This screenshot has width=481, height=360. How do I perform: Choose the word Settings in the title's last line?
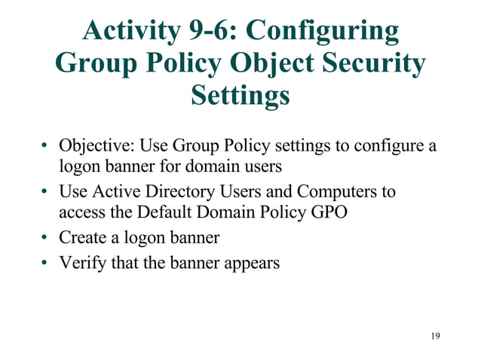240,96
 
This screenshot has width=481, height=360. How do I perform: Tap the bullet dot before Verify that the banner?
46,264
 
